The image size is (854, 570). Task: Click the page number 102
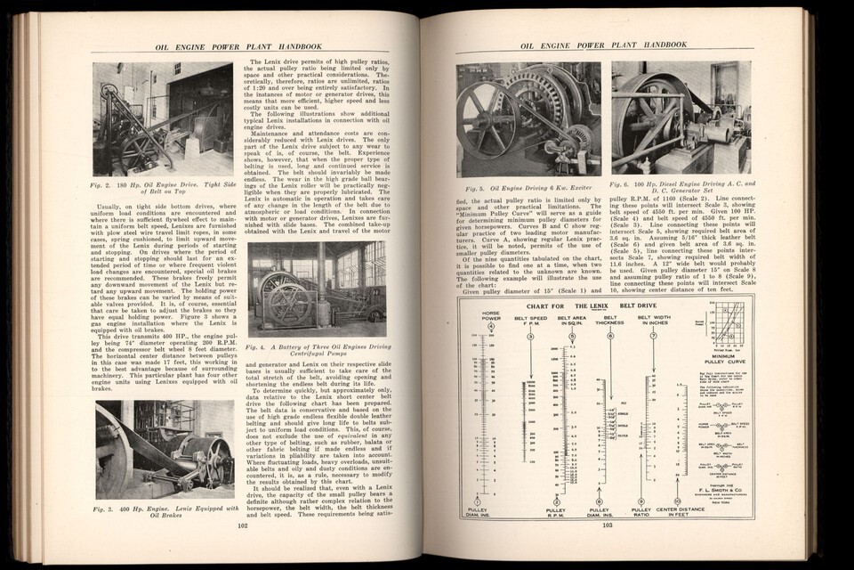(242, 525)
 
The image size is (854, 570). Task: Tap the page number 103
(608, 525)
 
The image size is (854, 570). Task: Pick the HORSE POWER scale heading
(490, 316)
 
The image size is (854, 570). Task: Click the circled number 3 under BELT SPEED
(530, 337)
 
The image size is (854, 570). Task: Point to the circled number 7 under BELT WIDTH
(656, 337)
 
